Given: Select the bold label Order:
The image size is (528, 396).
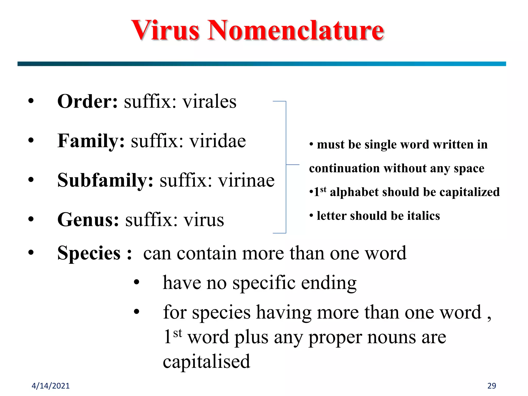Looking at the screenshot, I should [x=87, y=101].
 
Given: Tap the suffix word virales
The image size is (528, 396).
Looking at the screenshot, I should [x=209, y=101].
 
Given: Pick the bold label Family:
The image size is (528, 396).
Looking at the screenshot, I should [x=91, y=141].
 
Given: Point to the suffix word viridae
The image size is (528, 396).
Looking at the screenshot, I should [x=218, y=141].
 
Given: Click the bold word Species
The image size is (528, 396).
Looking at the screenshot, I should [x=89, y=253].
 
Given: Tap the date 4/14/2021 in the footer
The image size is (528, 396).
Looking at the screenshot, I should [x=51, y=386].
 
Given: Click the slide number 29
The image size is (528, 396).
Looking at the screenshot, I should [x=492, y=386].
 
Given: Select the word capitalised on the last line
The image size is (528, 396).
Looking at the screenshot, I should [x=207, y=361].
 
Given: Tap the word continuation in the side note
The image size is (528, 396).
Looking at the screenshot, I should [x=344, y=168].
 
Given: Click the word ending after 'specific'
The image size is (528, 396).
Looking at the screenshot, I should [x=329, y=283].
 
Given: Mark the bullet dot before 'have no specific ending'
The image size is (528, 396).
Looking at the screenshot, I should [x=136, y=282].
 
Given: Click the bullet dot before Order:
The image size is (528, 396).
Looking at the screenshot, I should [x=31, y=101].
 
